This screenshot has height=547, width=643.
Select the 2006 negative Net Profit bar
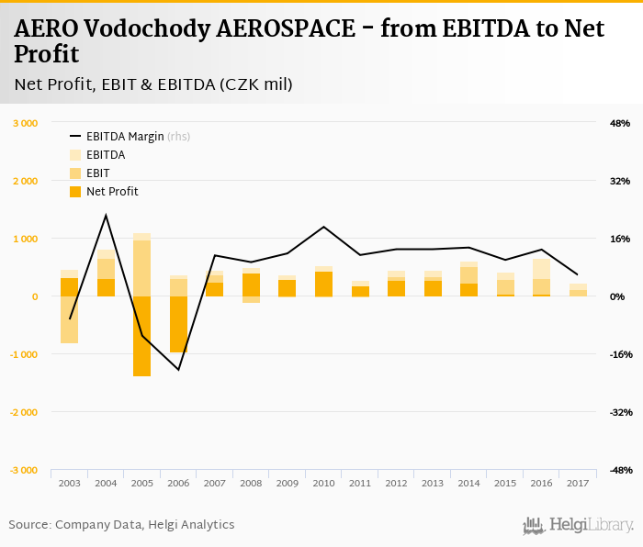(x=178, y=324)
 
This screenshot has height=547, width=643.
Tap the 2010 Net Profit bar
(x=323, y=285)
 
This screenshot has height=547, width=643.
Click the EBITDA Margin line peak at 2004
(x=106, y=215)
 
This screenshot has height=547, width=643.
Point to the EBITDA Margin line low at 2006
(x=178, y=369)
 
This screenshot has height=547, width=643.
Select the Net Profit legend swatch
(x=75, y=192)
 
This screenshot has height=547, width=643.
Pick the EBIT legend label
(x=98, y=173)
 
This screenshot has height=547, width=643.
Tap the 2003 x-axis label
(x=69, y=483)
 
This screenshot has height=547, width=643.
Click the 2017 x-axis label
(x=578, y=483)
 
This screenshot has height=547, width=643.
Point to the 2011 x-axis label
(x=360, y=483)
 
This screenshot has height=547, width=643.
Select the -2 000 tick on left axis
(x=24, y=412)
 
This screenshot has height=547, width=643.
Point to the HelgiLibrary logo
(x=578, y=525)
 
